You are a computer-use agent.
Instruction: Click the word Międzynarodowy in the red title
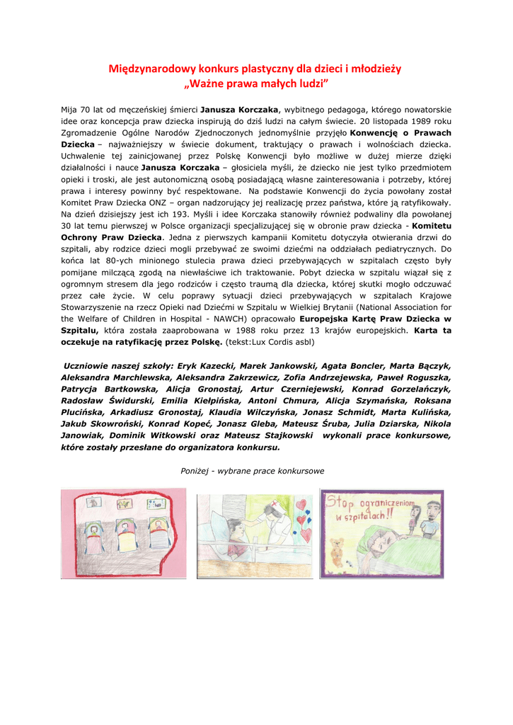pos(145,69)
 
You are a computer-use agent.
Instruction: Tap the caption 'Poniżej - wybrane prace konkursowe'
pos(253,471)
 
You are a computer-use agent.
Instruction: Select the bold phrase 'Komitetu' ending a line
pos(427,225)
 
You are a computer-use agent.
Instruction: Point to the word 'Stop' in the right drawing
pos(339,503)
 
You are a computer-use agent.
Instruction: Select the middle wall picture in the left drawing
pos(124,504)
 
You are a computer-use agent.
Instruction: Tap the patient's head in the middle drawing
pos(236,532)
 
